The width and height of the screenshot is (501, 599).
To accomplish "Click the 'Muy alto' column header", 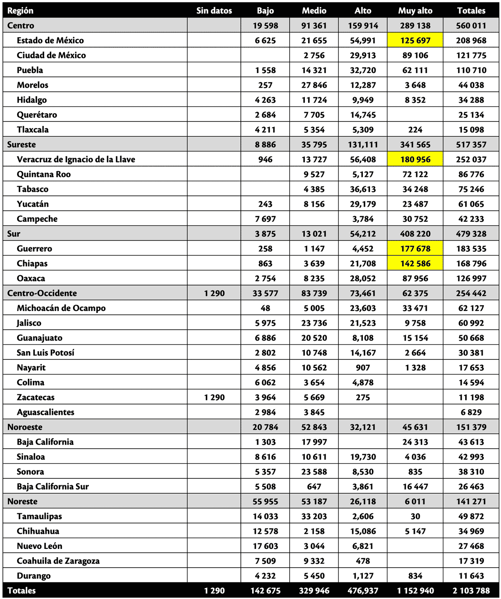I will coord(415,11).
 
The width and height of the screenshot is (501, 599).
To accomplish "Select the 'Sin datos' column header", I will coord(214,11).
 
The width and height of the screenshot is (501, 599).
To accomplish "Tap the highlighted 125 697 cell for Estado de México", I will coord(415,40).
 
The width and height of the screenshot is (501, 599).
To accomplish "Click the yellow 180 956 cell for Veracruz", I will coord(415,159).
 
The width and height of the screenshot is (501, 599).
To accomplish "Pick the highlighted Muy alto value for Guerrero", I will coord(415,249).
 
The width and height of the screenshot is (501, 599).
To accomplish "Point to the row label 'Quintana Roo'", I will coord(44,174).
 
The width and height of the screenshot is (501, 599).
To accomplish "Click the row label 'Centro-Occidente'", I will coord(42,293).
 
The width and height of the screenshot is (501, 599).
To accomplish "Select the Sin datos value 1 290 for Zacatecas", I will coord(214,397).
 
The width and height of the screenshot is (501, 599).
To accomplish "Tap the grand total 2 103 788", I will coord(471,591).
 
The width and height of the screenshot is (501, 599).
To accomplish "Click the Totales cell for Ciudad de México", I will coord(471,56).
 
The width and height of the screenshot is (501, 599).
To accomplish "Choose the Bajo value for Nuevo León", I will coord(265,546).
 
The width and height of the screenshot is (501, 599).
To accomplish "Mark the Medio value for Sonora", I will coord(314,472).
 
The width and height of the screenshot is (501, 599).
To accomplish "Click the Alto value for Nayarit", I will coord(363,368).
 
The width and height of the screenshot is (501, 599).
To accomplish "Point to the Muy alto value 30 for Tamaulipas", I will coord(415,517).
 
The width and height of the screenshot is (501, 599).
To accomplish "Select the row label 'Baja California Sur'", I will coord(53,487).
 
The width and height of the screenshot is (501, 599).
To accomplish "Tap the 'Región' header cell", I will coord(20,11).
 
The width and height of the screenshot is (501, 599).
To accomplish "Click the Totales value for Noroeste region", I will coord(471,427).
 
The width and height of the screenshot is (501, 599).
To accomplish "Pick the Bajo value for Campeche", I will coord(265,219).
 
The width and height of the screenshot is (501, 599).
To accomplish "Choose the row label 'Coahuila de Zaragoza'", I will coord(58,561).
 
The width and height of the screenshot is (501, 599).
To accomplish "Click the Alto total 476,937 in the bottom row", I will coord(363,591).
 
